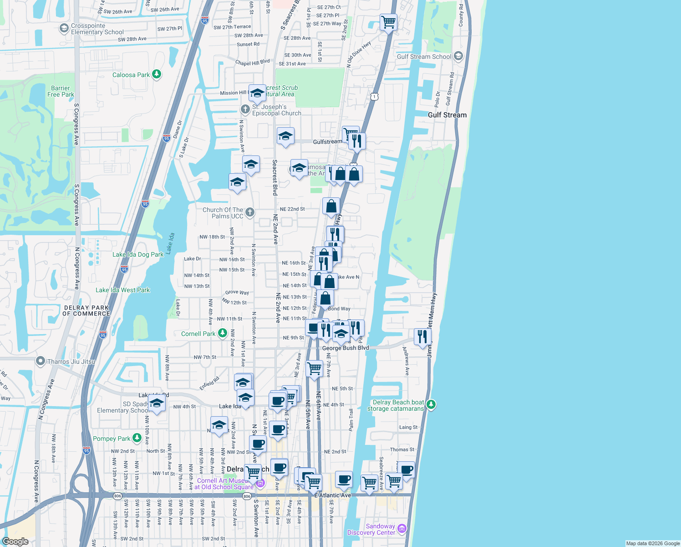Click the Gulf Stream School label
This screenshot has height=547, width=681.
pos(424,57)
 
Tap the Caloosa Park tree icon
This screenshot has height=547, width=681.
pos(157,74)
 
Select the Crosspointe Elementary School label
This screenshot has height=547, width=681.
pos(97,29)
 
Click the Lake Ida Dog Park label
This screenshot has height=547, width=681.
pos(137,254)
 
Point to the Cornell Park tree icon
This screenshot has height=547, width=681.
pos(222,333)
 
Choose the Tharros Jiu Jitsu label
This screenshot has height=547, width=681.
pos(71,361)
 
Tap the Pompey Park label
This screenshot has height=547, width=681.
pos(112,439)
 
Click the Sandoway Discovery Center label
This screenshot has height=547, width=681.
pos(371,529)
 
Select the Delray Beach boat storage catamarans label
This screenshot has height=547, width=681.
pos(395,405)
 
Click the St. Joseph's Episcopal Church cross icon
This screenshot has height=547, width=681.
pos(245,109)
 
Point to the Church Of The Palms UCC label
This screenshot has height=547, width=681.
pos(223,213)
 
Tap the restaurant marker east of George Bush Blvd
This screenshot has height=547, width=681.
pos(422,337)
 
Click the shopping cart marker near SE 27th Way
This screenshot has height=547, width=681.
pos(388,21)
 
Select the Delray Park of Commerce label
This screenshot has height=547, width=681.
pos(86,310)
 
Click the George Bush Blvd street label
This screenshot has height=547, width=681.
pos(346,348)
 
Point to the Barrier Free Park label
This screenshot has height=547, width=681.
pos(61,91)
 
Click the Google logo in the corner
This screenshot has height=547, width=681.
pos(15,542)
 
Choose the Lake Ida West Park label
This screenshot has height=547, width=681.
pos(122,290)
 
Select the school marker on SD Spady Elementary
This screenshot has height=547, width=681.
pos(157,404)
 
